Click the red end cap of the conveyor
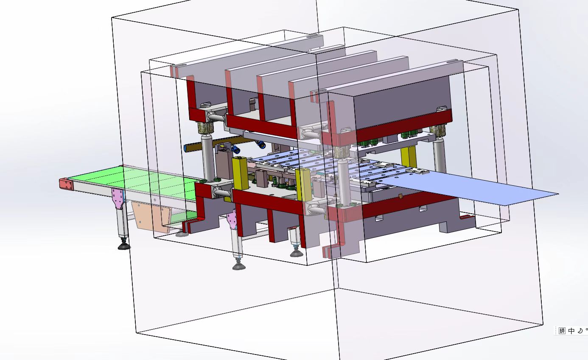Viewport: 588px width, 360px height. [67, 184]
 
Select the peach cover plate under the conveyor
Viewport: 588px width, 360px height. [151, 217]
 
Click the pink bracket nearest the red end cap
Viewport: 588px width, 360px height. [118, 198]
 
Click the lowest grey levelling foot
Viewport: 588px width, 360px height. [239, 266]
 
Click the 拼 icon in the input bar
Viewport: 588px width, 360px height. [562, 331]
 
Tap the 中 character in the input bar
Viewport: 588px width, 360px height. [571, 331]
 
